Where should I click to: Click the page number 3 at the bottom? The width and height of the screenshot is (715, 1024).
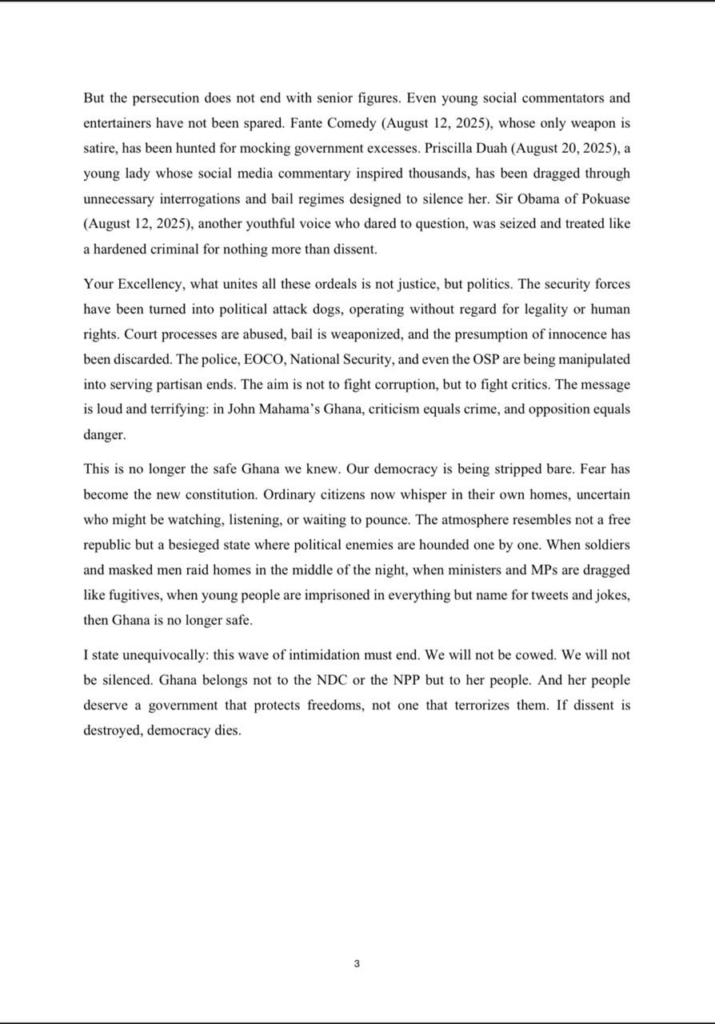click(357, 964)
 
